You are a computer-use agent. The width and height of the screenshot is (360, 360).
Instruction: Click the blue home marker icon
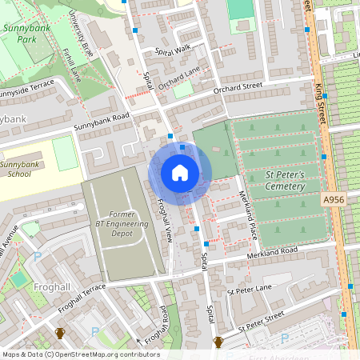180,173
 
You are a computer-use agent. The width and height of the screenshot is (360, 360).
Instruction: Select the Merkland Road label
272,250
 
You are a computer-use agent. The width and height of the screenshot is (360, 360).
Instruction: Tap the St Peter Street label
261,322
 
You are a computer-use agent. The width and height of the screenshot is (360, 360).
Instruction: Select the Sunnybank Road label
102,121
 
